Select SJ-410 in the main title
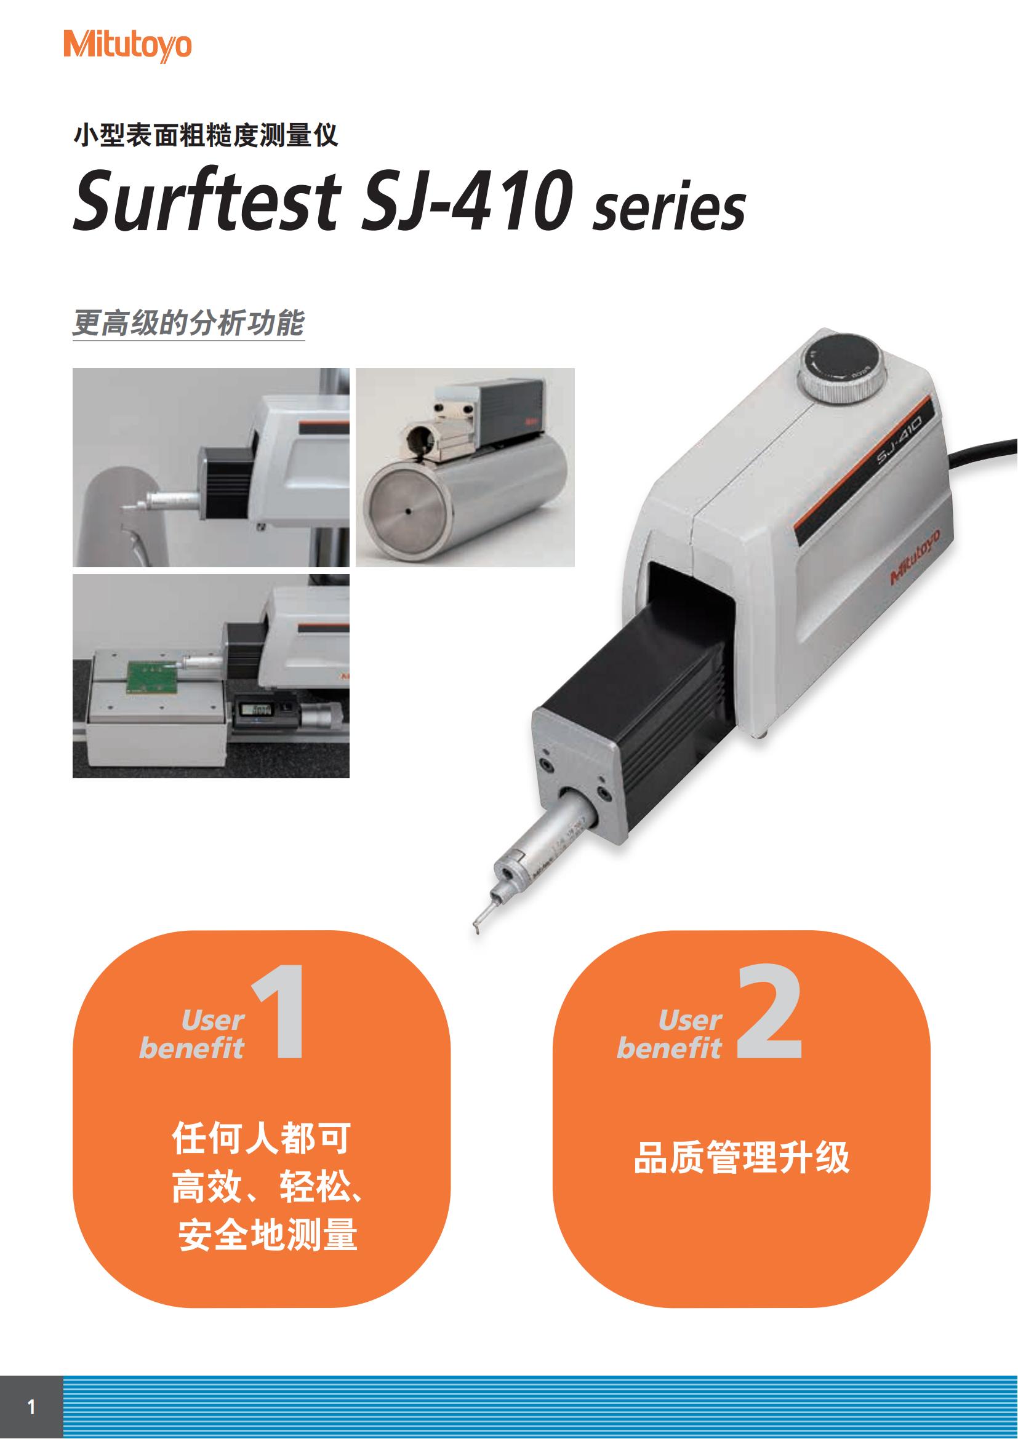point(467,200)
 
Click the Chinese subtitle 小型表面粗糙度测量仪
point(206,135)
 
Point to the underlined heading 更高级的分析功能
point(189,323)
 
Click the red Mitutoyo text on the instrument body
point(916,556)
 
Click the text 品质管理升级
point(742,1157)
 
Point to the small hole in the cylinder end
point(408,511)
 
